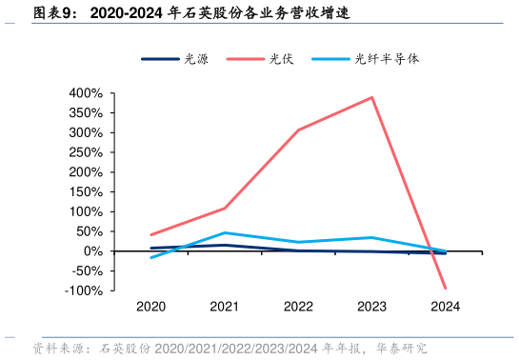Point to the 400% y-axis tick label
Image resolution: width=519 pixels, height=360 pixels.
coord(86,93)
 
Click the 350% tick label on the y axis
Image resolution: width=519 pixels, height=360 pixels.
coord(86,113)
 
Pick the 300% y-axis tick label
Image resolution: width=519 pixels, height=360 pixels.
coord(86,133)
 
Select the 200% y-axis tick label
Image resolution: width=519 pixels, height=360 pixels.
coord(86,172)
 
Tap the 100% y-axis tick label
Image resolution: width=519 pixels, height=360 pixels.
coord(86,212)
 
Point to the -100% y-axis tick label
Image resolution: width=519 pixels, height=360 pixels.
coord(84,290)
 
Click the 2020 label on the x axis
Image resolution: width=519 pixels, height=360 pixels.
coord(151,307)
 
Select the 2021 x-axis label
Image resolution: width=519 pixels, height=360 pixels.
coord(225,307)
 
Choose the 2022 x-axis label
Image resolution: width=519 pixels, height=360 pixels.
coord(298,307)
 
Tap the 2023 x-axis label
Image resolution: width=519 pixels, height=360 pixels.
coord(371,307)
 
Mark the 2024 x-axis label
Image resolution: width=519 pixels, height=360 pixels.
coord(445,307)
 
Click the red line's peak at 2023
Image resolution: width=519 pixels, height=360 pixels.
coord(371,97)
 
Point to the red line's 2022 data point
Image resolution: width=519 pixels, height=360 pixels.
coord(298,130)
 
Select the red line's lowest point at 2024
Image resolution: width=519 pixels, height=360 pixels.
coord(445,288)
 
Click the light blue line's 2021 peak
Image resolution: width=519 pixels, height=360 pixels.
coord(225,232)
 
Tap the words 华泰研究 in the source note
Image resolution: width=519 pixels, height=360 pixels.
coord(403,349)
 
